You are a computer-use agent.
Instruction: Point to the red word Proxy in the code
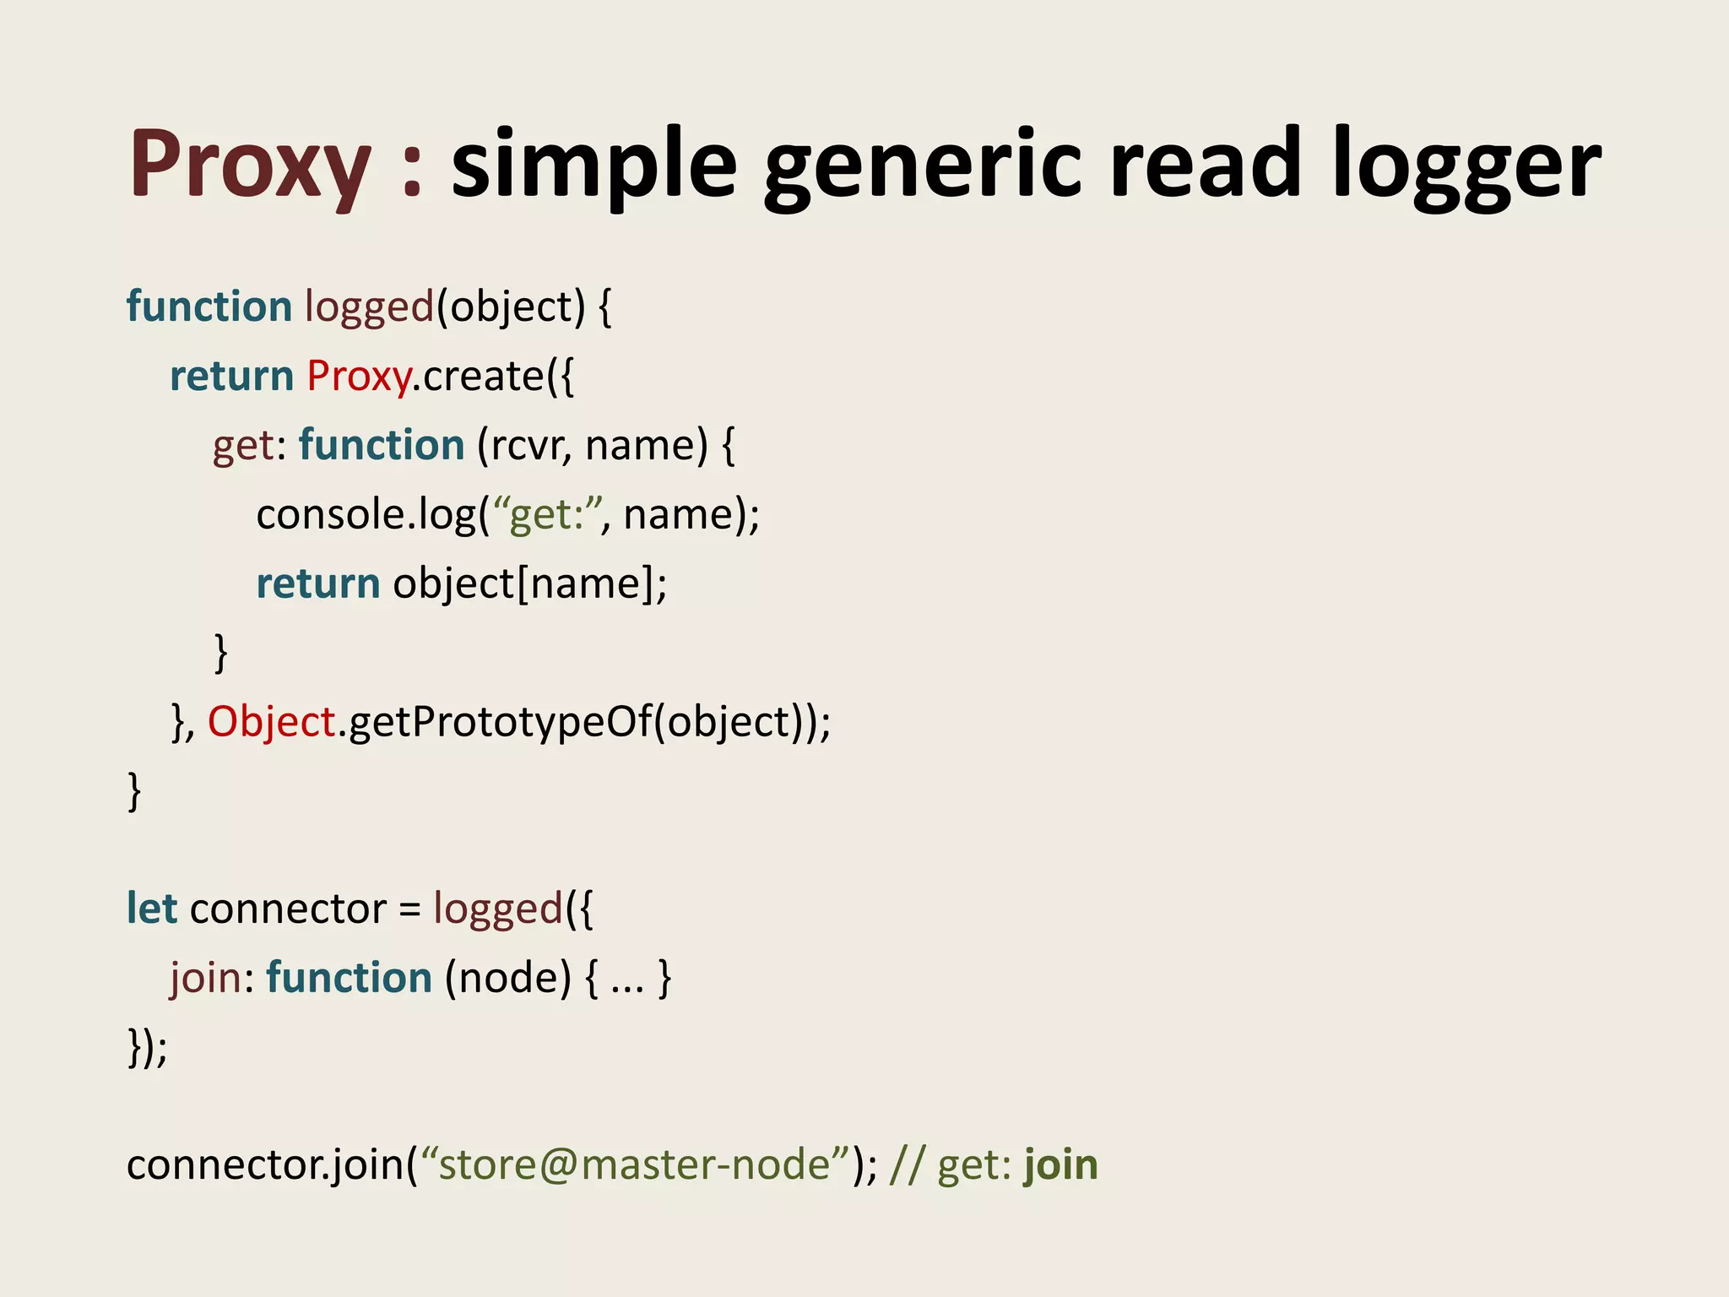pyautogui.click(x=358, y=377)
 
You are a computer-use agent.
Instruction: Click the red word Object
pyautogui.click(x=272, y=723)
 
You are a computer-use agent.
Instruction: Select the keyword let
pyautogui.click(x=152, y=909)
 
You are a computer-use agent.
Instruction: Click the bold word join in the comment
pyautogui.click(x=1061, y=1165)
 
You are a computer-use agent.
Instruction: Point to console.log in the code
pyautogui.click(x=366, y=515)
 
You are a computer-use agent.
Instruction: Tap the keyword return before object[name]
pyautogui.click(x=318, y=584)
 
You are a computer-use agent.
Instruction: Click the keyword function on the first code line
pyautogui.click(x=209, y=307)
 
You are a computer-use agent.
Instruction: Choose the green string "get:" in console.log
pyautogui.click(x=546, y=515)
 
